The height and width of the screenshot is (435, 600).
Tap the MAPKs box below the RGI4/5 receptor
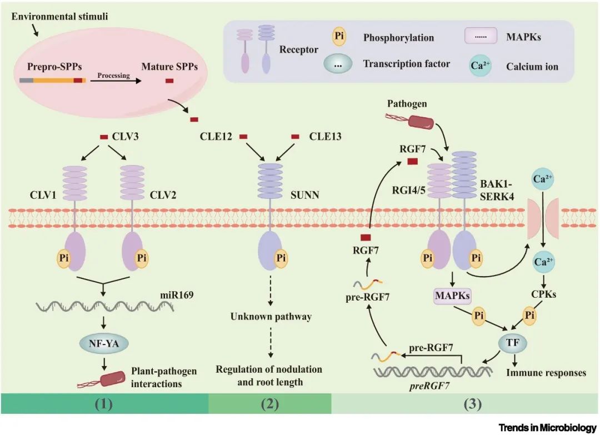(453, 297)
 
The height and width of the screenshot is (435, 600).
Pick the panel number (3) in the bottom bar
(466, 404)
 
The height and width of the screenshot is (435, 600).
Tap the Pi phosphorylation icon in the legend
(340, 38)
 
